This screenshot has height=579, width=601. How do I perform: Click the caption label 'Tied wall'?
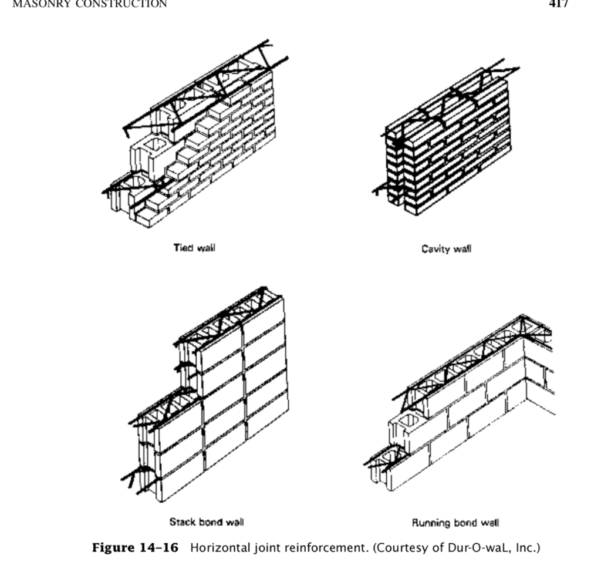194,248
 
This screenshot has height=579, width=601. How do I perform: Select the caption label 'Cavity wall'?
446,248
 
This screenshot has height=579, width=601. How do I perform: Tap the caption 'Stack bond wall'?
207,521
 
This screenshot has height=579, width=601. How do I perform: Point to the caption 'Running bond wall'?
455,522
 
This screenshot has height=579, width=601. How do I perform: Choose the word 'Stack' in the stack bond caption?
181,521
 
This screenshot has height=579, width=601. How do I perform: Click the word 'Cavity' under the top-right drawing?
435,248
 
